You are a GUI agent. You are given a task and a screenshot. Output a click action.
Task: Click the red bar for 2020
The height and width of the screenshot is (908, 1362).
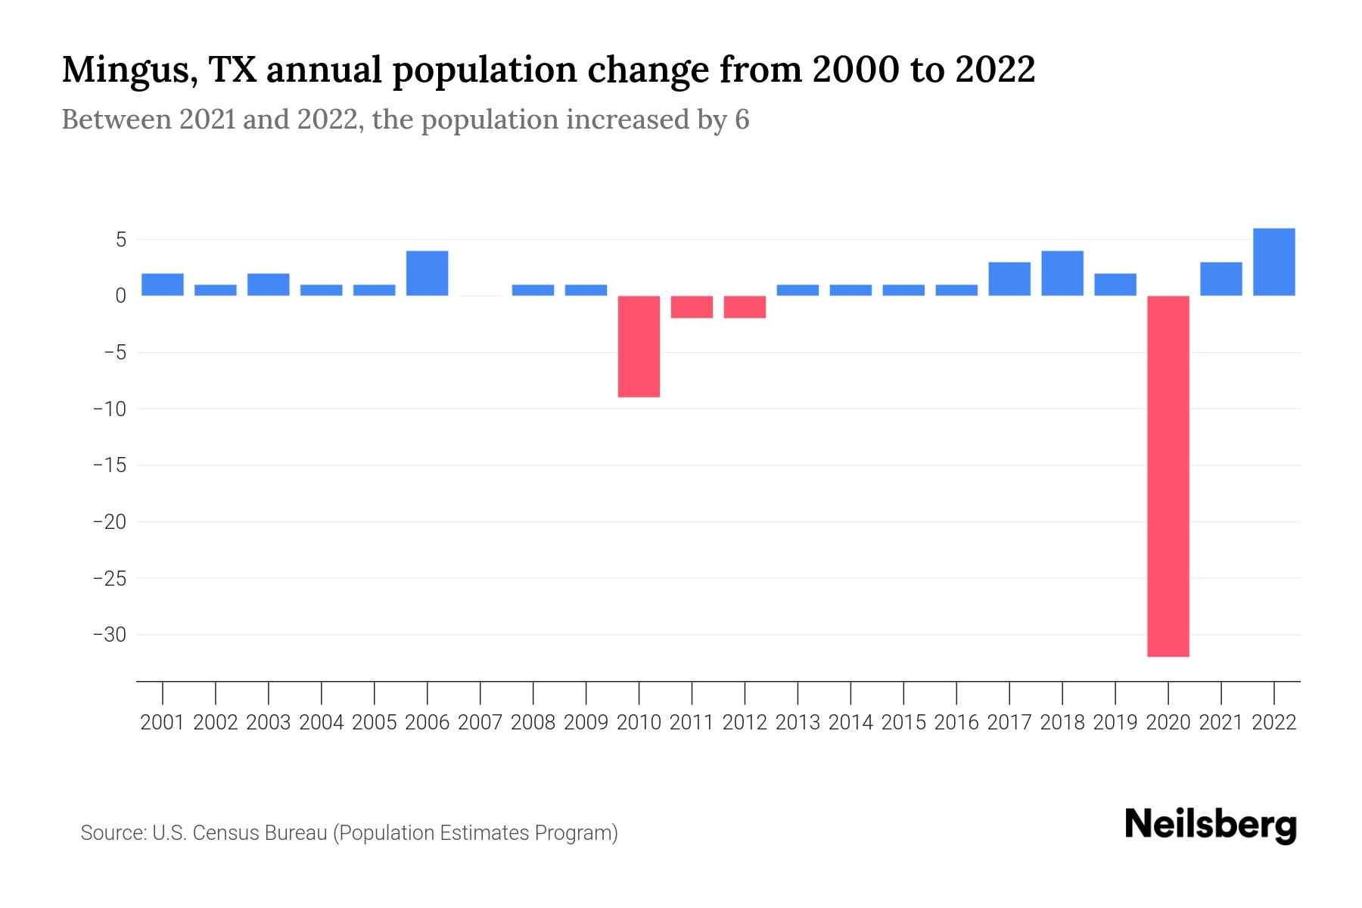coord(1168,476)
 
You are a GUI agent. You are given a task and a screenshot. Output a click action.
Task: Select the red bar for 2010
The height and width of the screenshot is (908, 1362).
coord(639,347)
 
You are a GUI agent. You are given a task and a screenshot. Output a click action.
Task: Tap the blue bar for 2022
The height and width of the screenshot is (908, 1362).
coord(1274,262)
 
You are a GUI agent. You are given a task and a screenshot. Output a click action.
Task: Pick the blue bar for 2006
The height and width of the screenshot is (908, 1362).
coord(428,273)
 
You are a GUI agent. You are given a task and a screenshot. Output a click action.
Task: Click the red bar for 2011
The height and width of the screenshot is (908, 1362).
coord(692,307)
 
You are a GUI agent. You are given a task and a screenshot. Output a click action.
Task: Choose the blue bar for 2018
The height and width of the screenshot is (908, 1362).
coord(1062,273)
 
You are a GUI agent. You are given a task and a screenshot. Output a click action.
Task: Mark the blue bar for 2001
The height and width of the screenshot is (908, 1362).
coord(163,285)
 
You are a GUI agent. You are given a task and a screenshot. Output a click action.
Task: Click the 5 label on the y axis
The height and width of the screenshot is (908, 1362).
coord(120,241)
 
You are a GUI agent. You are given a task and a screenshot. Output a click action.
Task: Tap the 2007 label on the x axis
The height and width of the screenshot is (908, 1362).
coord(480,723)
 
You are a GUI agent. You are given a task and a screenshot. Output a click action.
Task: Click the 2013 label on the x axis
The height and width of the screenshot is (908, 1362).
coord(798,723)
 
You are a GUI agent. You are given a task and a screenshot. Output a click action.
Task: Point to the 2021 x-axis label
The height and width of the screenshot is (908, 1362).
coord(1221,723)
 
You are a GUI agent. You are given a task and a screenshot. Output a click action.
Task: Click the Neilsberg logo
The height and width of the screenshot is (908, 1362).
coord(1211,825)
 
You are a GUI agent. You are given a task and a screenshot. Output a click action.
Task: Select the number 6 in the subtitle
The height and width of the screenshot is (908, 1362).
coord(742,120)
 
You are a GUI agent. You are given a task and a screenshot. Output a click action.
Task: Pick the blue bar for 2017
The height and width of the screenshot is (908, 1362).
coord(1009,279)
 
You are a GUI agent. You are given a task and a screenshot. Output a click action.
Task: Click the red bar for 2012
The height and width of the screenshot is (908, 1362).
coord(745,307)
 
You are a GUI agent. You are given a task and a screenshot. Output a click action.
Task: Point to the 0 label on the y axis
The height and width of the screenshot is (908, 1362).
coord(120,297)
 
